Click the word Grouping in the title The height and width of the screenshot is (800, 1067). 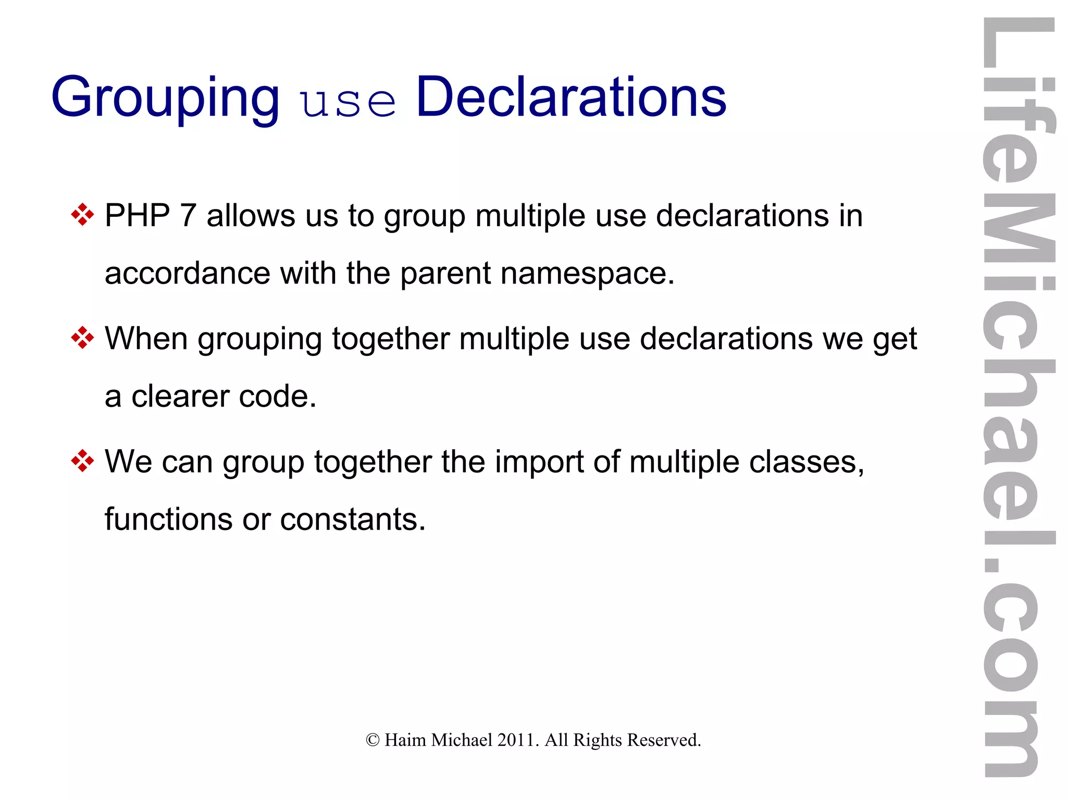(x=165, y=98)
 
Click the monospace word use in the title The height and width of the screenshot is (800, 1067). (x=348, y=102)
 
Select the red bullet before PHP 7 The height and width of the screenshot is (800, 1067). (x=82, y=215)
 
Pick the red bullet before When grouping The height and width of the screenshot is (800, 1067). (x=82, y=338)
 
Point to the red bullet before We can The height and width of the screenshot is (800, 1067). (x=82, y=461)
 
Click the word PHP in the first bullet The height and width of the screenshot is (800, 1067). (x=138, y=216)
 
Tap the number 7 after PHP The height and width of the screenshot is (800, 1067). (x=188, y=216)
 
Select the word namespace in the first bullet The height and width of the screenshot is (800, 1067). (x=587, y=274)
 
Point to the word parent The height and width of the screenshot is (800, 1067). (x=445, y=274)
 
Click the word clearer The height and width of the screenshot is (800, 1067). (x=180, y=397)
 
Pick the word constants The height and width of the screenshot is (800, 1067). (x=353, y=520)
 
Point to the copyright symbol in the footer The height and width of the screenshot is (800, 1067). (x=373, y=740)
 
